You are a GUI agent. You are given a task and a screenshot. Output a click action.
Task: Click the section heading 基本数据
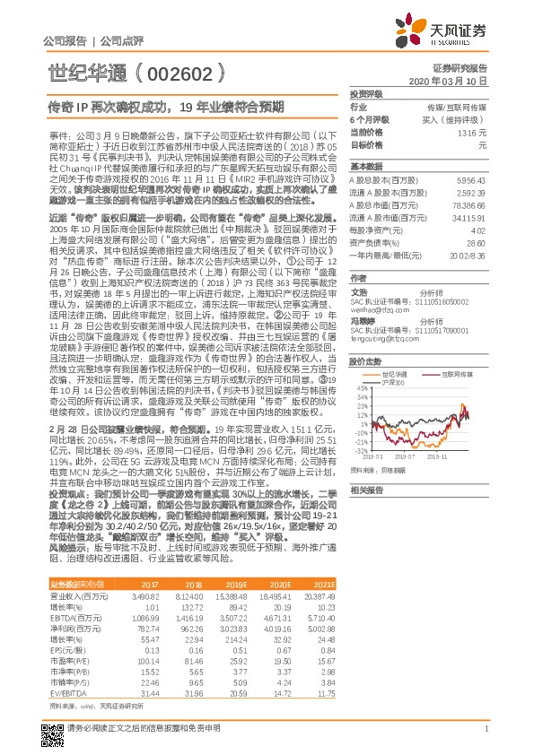[x=365, y=167]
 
